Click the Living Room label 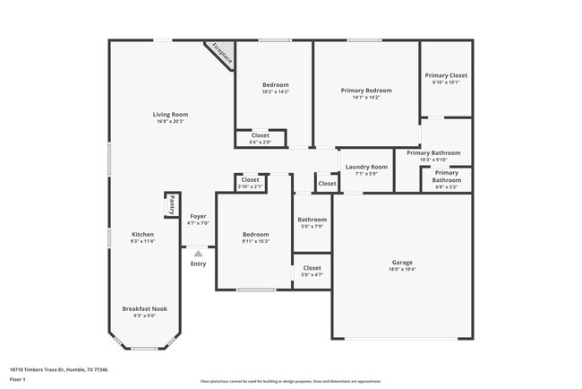pos(169,114)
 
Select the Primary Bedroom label pos(366,91)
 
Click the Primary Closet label pos(445,75)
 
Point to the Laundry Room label pos(366,167)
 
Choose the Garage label pos(401,263)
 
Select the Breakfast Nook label pos(144,308)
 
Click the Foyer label pos(198,216)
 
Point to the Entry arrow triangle pos(198,254)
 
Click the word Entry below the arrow pos(198,264)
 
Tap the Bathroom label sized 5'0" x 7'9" pos(312,219)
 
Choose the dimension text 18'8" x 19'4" pos(401,269)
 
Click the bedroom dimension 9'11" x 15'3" pos(255,241)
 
